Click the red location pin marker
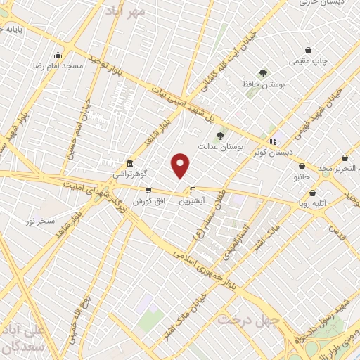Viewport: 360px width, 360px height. [x=181, y=165]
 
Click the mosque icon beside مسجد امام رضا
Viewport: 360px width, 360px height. [x=58, y=54]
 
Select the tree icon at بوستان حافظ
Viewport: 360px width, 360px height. [x=263, y=73]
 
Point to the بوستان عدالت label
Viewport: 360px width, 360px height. [x=221, y=148]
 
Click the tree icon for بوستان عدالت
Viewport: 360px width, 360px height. [x=220, y=136]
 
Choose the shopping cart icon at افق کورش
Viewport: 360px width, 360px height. [x=148, y=190]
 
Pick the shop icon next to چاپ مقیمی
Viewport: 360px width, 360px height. [x=309, y=50]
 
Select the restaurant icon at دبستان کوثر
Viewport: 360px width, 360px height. [x=272, y=141]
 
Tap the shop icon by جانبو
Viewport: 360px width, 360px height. [x=302, y=167]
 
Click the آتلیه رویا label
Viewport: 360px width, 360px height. [x=313, y=205]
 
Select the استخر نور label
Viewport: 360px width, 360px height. [x=41, y=221]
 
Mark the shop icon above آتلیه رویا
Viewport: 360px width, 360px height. [x=312, y=193]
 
